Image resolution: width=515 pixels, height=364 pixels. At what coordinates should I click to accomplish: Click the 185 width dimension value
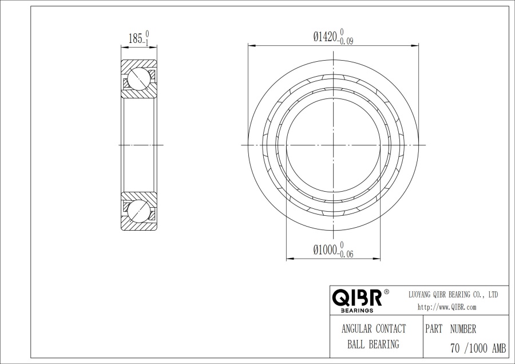click(135, 39)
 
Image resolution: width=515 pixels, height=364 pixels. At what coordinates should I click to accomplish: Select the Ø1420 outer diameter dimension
click(326, 37)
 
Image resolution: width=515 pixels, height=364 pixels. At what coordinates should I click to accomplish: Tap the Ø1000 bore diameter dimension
click(326, 250)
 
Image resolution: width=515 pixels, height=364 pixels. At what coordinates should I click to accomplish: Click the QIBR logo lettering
click(357, 298)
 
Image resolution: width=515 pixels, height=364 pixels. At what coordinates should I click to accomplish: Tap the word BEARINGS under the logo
click(357, 310)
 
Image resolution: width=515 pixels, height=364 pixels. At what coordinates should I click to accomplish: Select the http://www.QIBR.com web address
click(447, 307)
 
